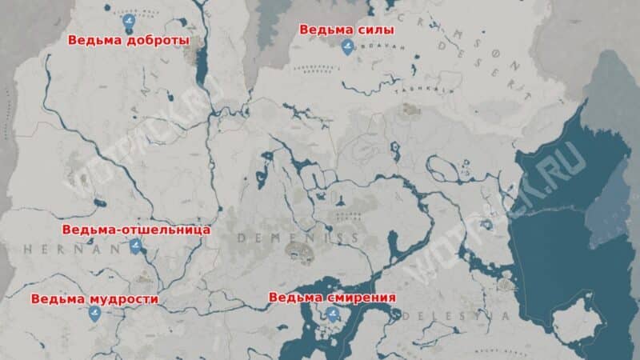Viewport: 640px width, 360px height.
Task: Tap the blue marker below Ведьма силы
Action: click(x=346, y=49)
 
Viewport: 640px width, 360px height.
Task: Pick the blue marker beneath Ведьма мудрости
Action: click(x=95, y=315)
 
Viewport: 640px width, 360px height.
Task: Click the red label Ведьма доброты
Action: click(x=128, y=39)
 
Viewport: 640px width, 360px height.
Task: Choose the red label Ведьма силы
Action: click(x=346, y=30)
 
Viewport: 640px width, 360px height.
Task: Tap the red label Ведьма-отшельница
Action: click(x=136, y=230)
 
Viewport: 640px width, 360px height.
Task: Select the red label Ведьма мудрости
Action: click(x=94, y=299)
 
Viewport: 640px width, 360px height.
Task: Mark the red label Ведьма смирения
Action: click(x=332, y=298)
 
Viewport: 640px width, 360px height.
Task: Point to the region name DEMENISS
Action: click(x=298, y=238)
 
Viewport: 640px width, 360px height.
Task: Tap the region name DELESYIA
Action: click(x=468, y=316)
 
